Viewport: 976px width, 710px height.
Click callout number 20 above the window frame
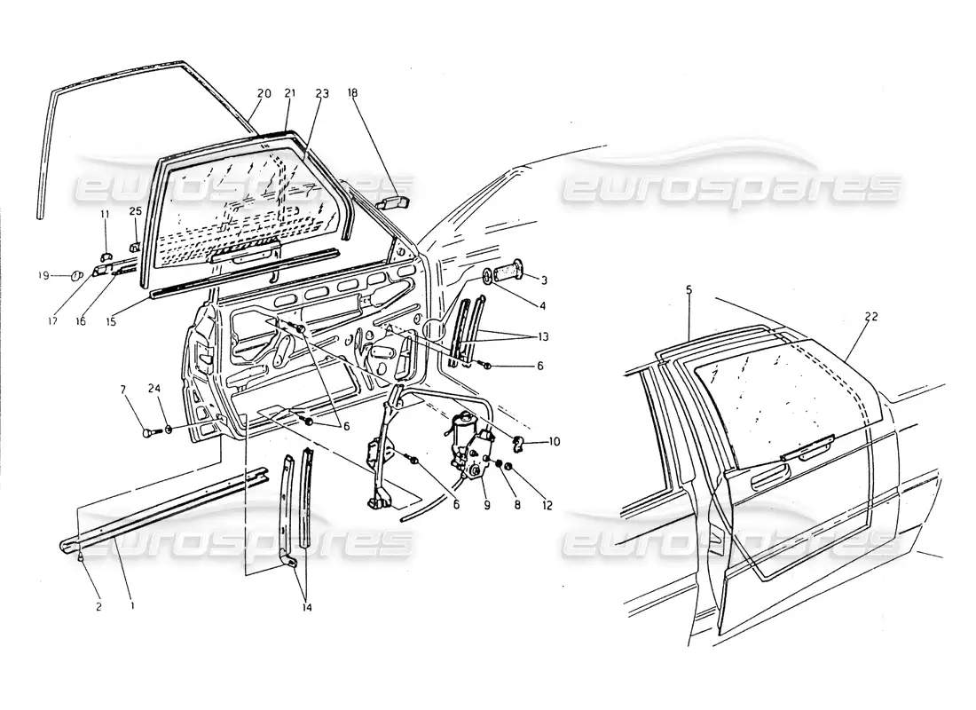click(x=264, y=93)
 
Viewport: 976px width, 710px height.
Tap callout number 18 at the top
click(x=353, y=93)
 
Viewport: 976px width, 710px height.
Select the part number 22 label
click(x=870, y=317)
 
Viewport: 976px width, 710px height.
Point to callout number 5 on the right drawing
click(x=689, y=289)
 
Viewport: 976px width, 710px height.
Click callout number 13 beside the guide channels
click(x=543, y=337)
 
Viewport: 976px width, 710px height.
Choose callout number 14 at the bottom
click(x=307, y=607)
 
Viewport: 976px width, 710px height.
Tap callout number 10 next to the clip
click(x=554, y=442)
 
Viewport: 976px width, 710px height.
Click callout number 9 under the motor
click(x=487, y=505)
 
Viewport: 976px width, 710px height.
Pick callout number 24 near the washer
click(x=154, y=390)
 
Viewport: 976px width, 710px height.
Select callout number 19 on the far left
click(x=43, y=276)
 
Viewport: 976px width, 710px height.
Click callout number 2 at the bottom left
click(x=99, y=607)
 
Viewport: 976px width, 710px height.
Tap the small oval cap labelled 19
click(x=76, y=274)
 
